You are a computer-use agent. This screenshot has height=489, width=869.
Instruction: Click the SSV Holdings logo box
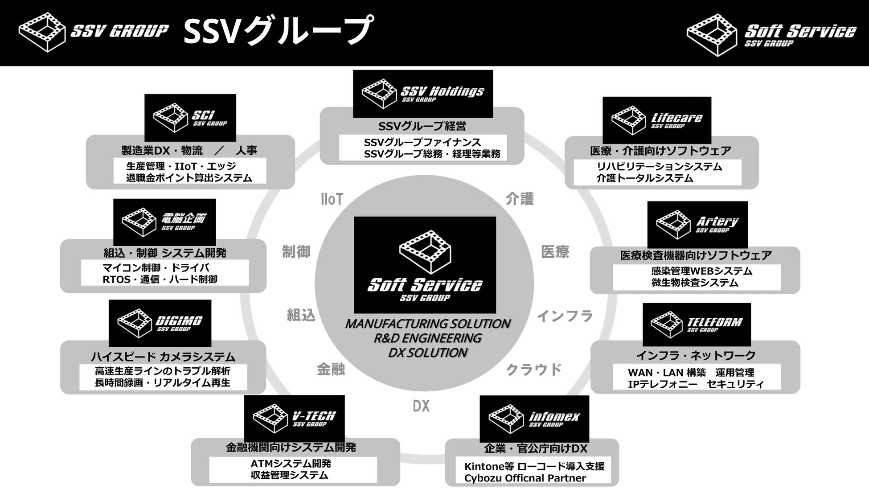(422, 94)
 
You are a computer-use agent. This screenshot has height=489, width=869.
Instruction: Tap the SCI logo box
(190, 118)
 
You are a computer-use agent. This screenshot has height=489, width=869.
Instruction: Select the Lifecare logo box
(656, 120)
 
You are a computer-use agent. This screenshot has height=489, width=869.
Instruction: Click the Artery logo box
(697, 224)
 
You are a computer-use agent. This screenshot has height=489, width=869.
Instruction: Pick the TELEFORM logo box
(696, 325)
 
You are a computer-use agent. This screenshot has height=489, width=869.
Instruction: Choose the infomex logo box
(534, 419)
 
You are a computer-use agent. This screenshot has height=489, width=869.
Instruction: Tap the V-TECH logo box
(294, 418)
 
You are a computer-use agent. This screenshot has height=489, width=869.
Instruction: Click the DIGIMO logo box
(160, 323)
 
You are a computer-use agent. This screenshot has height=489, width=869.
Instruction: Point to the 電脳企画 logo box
(164, 222)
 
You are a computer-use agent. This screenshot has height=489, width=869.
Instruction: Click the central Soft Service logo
(425, 265)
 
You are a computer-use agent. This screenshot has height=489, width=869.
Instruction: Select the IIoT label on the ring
(332, 199)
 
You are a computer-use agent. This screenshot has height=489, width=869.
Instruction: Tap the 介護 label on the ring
(519, 199)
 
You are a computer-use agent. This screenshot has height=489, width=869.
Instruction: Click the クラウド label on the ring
(533, 370)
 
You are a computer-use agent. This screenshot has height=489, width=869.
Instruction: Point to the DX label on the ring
(421, 406)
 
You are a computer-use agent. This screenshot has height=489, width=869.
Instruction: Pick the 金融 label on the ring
(331, 369)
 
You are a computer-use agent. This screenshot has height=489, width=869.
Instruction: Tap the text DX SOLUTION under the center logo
(427, 353)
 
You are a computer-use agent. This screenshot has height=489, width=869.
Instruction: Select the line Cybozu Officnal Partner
(525, 478)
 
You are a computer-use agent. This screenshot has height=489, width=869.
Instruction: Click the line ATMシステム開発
(291, 464)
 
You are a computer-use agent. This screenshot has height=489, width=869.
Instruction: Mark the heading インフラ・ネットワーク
(695, 355)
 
